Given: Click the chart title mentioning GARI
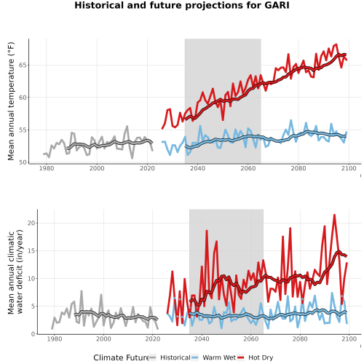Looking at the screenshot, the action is tap(182, 5).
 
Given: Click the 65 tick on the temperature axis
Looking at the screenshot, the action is tap(23, 66).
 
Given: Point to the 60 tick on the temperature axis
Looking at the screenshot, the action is tap(23, 98).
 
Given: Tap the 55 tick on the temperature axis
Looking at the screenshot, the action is tap(23, 130).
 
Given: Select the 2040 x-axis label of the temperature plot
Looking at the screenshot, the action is tap(197, 168).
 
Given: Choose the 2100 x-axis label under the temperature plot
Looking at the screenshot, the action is tap(349, 168).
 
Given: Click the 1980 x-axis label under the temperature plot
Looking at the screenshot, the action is tap(47, 168).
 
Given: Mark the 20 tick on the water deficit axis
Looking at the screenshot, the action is tap(31, 223).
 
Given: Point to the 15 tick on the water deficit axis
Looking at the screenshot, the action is tap(31, 250).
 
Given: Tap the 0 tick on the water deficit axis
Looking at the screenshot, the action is tap(33, 334).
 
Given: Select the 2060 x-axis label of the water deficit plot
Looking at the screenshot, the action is tap(251, 339).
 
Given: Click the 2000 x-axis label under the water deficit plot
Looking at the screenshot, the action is tap(103, 339).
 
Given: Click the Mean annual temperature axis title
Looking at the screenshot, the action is tap(11, 101).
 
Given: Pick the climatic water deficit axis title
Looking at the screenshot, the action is tap(15, 272).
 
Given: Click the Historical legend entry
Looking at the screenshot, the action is tap(170, 357).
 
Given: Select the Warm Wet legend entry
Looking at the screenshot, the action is tap(213, 357).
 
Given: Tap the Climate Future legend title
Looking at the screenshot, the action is tap(121, 357).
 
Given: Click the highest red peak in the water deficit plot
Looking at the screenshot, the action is tap(334, 215).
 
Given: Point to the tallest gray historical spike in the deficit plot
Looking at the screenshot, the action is tap(82, 290).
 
